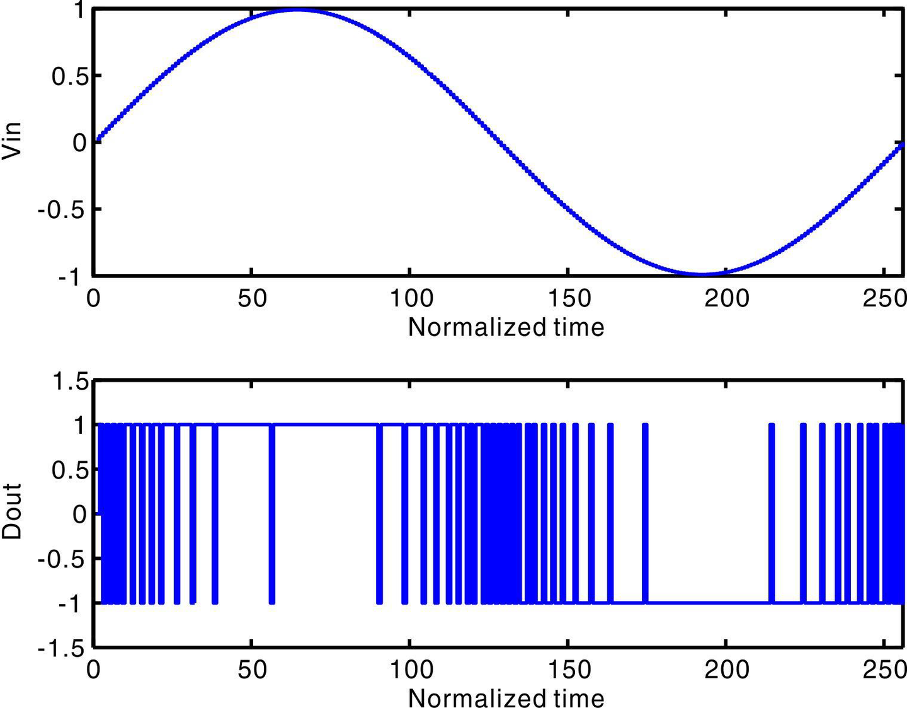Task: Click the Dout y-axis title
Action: [13, 511]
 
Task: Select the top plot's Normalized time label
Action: [506, 327]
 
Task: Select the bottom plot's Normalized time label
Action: [506, 697]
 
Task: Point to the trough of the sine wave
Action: [702, 274]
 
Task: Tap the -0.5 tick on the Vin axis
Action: [62, 209]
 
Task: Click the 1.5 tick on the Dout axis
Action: [69, 381]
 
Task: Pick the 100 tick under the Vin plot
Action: [410, 298]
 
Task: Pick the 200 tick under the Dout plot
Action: [726, 669]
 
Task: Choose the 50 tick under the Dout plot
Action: [252, 669]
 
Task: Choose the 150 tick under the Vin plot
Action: [568, 298]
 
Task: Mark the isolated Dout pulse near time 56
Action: [272, 514]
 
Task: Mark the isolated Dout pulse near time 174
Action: [645, 514]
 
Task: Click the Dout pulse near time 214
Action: [772, 514]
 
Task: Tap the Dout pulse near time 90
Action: [379, 514]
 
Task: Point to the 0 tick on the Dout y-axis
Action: [79, 514]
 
